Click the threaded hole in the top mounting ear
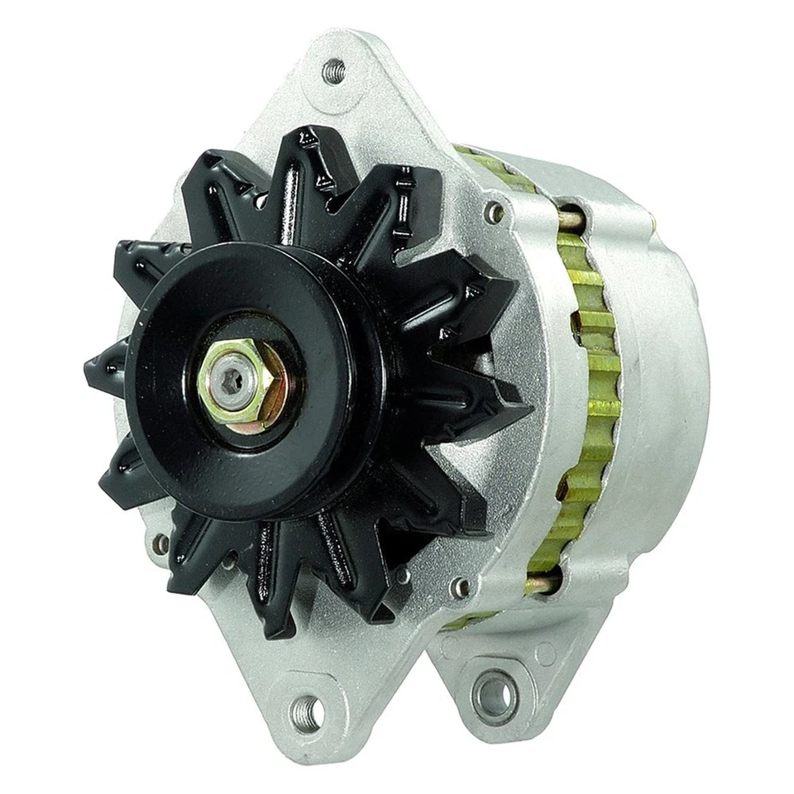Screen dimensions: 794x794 pyautogui.click(x=333, y=70)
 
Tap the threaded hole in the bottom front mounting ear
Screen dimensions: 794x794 pyautogui.click(x=307, y=709)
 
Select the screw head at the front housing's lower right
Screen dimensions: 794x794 pyautogui.click(x=460, y=587)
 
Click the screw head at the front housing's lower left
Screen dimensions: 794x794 pyautogui.click(x=160, y=543)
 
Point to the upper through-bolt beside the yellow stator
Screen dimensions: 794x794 pyautogui.click(x=571, y=218)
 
